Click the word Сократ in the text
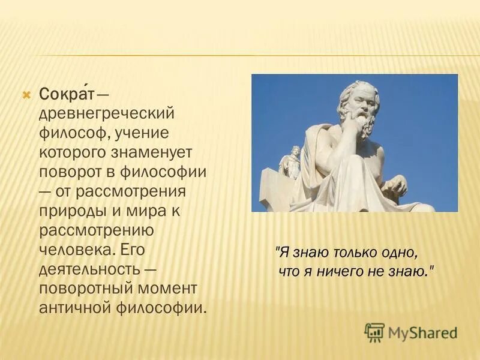67,94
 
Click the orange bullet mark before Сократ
26,94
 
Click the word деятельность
89,269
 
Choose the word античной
74,308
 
